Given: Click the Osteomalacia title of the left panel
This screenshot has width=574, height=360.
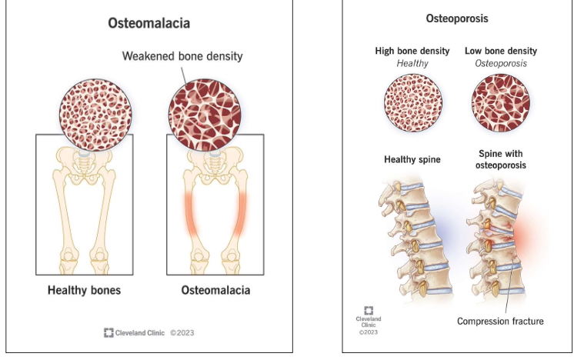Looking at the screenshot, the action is point(149,23).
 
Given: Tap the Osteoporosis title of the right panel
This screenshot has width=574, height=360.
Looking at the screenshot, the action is point(459,17).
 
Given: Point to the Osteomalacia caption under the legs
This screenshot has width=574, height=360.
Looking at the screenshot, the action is point(215,291).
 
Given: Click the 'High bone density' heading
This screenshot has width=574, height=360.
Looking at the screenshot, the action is point(412,51).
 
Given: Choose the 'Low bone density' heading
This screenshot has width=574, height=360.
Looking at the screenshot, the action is point(501,51).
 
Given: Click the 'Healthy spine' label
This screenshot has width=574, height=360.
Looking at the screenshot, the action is point(412,160).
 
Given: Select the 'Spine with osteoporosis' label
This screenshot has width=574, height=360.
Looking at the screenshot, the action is point(501,160).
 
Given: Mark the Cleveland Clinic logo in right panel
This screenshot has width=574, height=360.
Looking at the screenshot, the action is point(369,311).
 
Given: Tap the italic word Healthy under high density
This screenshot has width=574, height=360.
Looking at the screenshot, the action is point(412,63).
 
